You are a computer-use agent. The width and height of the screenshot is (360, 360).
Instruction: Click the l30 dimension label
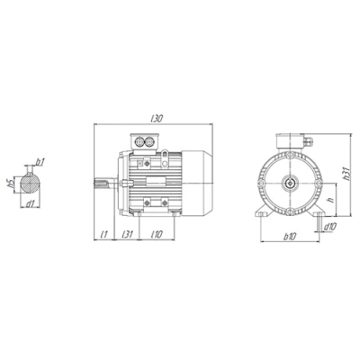coord(157,119)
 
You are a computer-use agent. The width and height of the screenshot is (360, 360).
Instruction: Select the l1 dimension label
coord(103,234)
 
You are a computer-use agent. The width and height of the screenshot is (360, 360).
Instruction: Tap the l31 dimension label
coord(127,234)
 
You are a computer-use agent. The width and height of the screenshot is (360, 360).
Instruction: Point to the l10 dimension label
coord(157,234)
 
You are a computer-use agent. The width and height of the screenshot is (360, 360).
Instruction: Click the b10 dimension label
coord(290,237)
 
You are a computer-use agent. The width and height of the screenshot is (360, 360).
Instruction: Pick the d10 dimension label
coord(329,227)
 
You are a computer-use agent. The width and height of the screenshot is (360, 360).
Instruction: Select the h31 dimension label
coord(346,174)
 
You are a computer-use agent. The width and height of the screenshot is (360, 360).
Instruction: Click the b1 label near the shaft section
coord(40,162)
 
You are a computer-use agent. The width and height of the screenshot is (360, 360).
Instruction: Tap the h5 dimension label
coord(11,183)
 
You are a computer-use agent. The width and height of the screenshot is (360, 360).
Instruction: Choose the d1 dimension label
coord(31,204)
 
